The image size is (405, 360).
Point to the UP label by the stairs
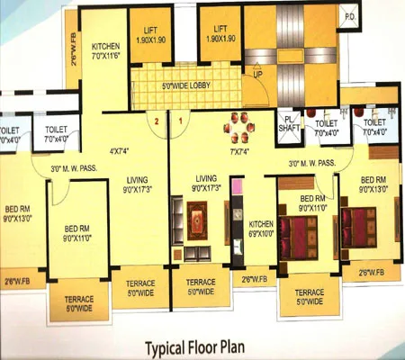(x=258, y=76)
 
